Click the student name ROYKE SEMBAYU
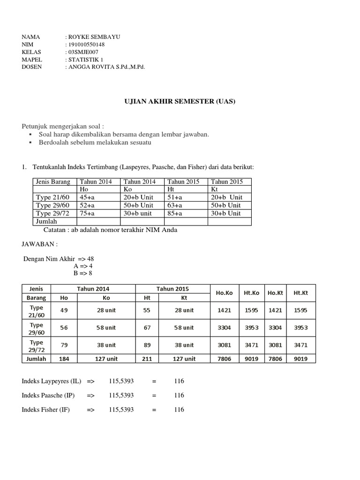point(93,37)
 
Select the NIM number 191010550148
point(87,45)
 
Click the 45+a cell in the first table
point(88,197)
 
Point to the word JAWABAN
point(40,244)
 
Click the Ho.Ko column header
point(224,293)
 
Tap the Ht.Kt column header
point(300,293)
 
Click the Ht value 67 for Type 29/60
point(146,328)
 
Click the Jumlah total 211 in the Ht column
point(146,359)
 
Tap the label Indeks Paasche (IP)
point(47,396)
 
